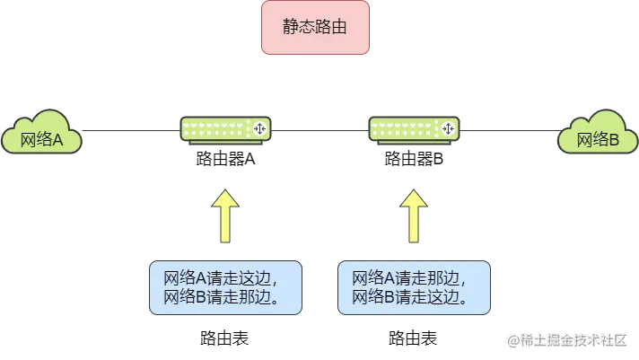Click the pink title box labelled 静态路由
point(315,28)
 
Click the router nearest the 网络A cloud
point(225,129)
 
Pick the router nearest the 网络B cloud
point(414,129)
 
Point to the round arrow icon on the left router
point(259,129)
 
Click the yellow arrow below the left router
point(226,216)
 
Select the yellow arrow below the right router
point(414,216)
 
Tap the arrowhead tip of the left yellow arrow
point(226,190)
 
